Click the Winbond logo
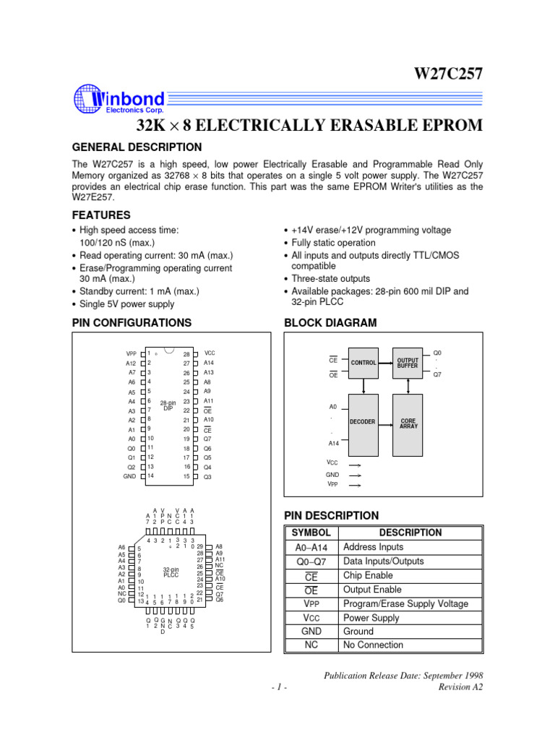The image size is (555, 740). [119, 100]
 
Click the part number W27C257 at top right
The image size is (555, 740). [447, 74]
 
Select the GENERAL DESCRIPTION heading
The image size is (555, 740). [137, 147]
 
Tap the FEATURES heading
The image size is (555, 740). [102, 215]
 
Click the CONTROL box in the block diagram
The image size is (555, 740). [363, 363]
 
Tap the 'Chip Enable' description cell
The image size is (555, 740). [369, 575]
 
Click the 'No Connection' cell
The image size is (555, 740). [374, 645]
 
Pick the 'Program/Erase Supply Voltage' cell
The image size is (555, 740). [405, 603]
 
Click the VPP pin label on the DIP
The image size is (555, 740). [130, 353]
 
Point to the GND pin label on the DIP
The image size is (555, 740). [129, 477]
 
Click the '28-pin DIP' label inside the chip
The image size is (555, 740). [168, 405]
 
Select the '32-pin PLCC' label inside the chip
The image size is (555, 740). [171, 572]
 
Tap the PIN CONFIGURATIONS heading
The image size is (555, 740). [132, 323]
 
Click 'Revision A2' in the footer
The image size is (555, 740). [461, 687]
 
